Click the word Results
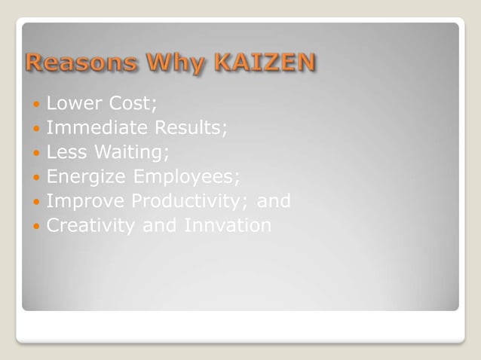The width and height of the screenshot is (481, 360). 192,128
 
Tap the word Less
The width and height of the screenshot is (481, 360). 66,153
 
